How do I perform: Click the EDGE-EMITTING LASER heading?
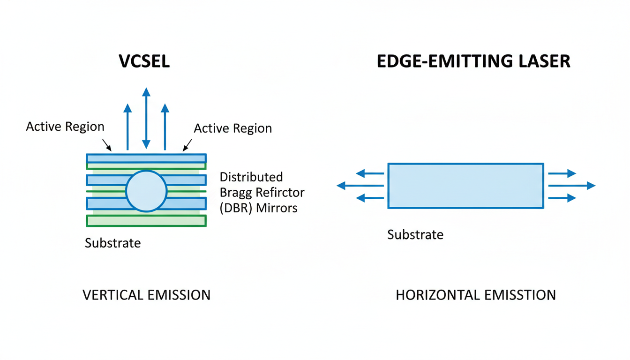[473, 61]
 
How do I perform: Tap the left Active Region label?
[65, 127]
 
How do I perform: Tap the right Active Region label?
[232, 128]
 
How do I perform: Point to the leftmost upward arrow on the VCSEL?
[127, 127]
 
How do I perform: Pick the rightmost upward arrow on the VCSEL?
[165, 127]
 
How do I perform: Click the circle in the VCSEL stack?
[146, 191]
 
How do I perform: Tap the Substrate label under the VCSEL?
[112, 243]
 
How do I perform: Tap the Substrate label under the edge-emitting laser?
[415, 234]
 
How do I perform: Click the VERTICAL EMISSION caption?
[146, 295]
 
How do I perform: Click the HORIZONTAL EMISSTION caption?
[476, 295]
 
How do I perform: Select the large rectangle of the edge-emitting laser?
[465, 186]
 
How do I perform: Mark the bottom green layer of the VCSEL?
[146, 221]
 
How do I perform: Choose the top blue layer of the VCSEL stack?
[146, 158]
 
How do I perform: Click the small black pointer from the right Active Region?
[187, 145]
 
